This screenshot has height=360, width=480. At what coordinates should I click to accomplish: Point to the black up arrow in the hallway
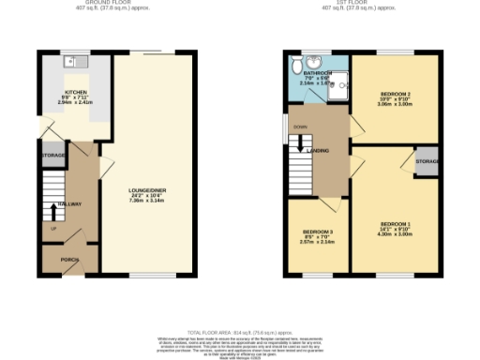click(52, 210)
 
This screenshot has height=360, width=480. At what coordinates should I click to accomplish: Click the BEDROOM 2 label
click(395, 95)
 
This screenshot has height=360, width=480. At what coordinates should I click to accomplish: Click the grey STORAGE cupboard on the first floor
click(427, 161)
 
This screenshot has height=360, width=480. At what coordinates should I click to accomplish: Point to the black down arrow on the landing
click(300, 143)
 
